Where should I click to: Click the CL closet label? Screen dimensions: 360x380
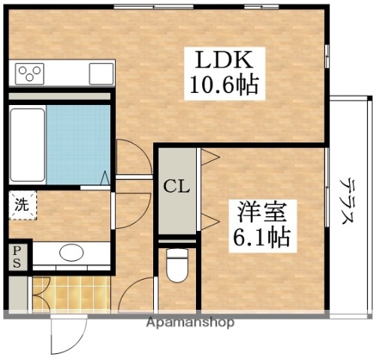coord(176,186)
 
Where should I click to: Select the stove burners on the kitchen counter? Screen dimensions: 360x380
coord(30,73)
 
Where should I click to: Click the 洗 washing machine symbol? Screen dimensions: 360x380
coord(21,205)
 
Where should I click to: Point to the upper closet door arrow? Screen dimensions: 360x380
coord(209,157)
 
